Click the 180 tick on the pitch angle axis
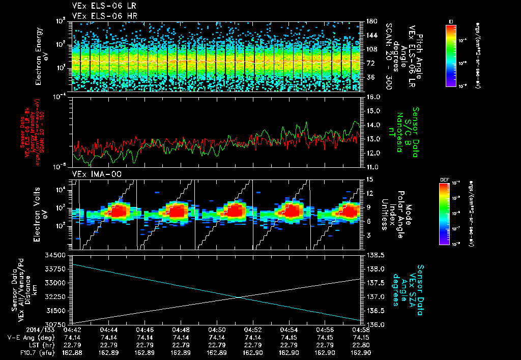click(x=371, y=21)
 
